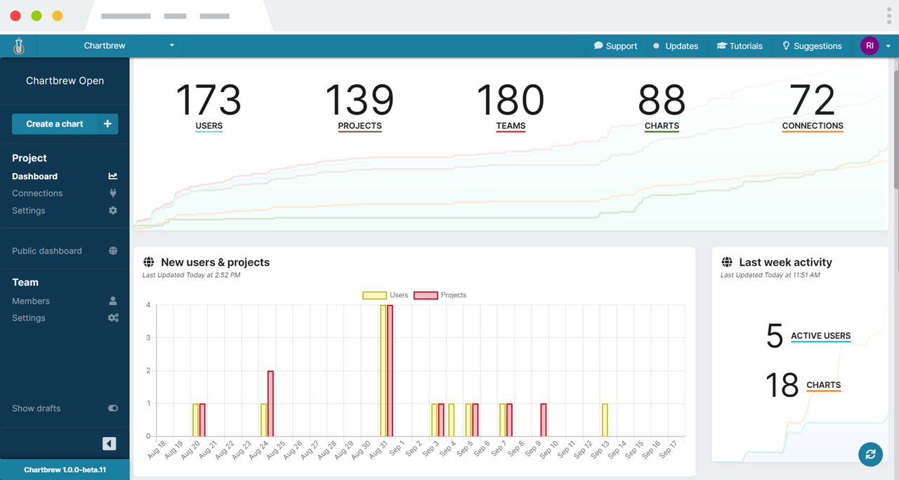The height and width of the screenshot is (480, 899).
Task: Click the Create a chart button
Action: pos(65,124)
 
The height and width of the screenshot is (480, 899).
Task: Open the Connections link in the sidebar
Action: pos(37,193)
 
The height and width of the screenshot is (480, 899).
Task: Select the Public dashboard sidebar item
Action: pos(47,251)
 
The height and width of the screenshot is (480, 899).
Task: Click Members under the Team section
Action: pos(31,301)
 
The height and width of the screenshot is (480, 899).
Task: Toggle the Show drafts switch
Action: pos(112,408)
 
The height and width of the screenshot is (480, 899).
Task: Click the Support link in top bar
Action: pos(615,46)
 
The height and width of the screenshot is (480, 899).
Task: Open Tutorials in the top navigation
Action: pos(739,46)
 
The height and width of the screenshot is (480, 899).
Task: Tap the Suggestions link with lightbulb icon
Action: pos(812,46)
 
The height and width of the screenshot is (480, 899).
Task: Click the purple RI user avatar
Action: pos(870,46)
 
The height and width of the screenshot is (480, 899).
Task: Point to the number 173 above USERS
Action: pos(209,100)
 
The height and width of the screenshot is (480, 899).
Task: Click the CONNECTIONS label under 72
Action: pos(813,126)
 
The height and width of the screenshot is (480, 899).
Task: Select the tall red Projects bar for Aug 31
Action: pos(390,370)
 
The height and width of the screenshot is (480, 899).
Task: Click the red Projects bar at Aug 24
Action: pos(270,403)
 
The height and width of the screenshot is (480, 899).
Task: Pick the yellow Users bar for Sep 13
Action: pos(605,420)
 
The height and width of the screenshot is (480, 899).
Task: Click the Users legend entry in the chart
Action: pos(386,295)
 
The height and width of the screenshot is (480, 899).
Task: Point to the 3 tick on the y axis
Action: pos(148,338)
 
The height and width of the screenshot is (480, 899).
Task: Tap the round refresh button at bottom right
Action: pos(870,454)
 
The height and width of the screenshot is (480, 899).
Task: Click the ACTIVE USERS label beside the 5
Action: pos(820,336)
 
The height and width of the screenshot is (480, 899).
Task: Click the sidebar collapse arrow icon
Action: pos(109,443)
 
